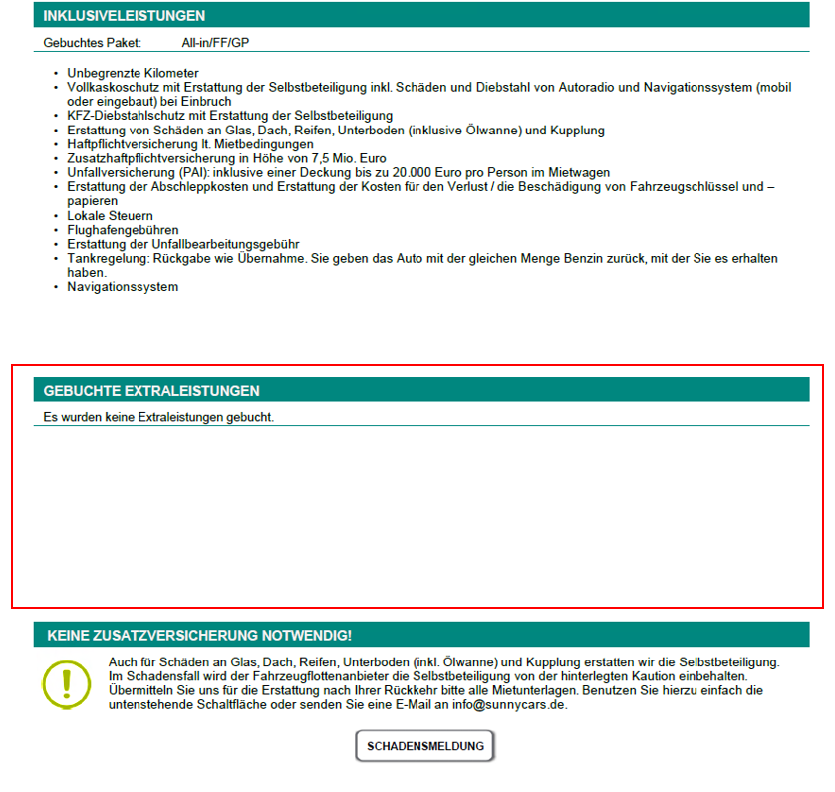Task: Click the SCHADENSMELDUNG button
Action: coord(425,746)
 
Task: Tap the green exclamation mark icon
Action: coord(67,683)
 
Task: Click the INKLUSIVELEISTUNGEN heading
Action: coord(125,15)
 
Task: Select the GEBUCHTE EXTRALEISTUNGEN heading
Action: coord(151,391)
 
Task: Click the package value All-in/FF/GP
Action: coord(215,43)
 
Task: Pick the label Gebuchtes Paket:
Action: coord(93,43)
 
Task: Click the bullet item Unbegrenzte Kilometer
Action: coord(133,73)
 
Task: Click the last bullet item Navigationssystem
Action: coord(123,287)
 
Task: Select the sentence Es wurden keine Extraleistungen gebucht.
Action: coord(158,417)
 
